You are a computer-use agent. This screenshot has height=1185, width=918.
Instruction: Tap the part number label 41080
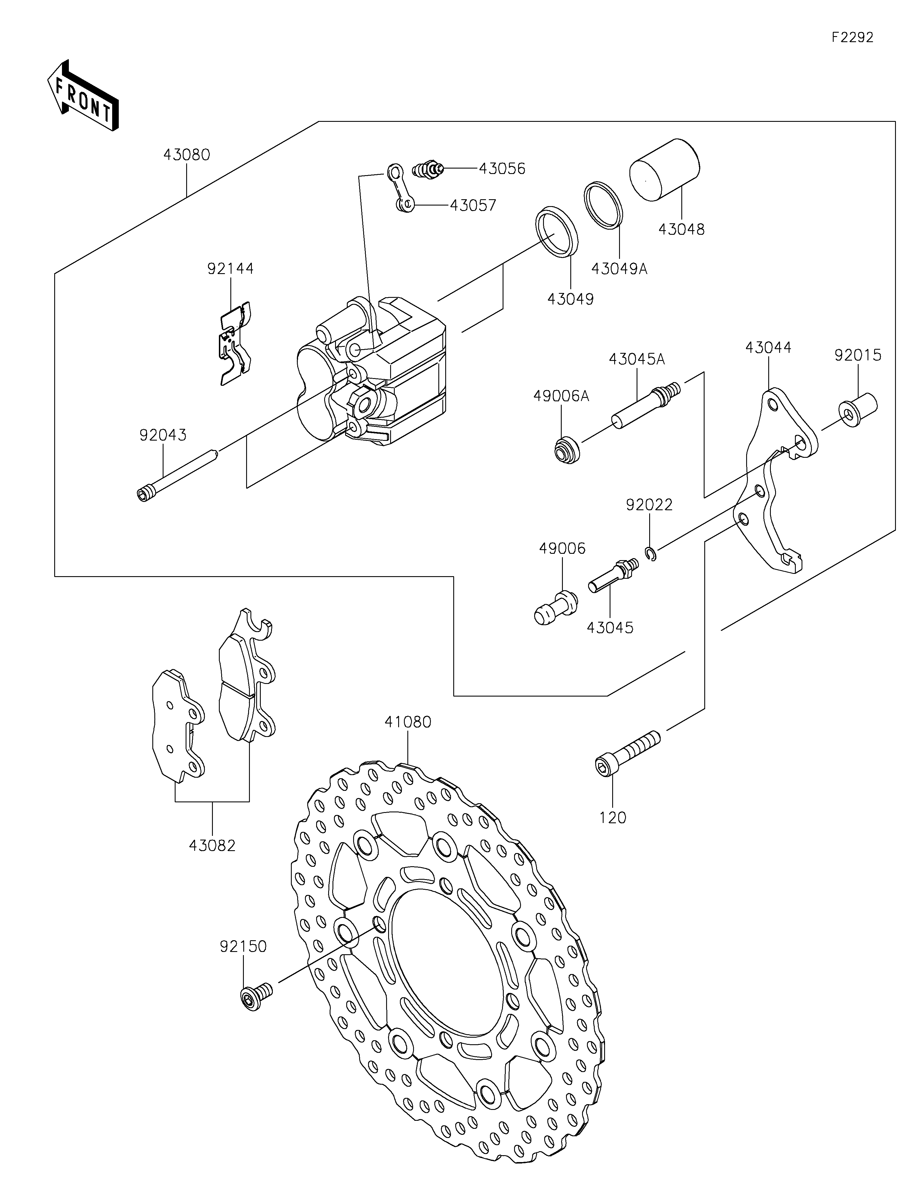click(408, 722)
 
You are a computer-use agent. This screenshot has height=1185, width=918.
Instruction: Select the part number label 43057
click(473, 205)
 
